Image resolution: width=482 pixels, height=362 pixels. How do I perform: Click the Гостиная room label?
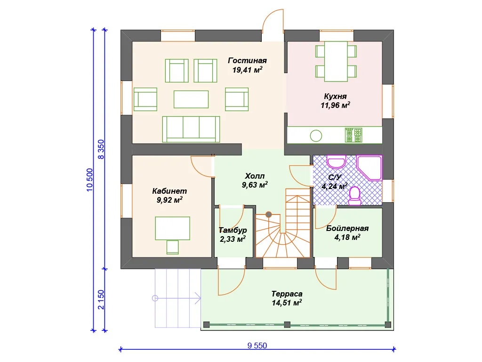click(247, 61)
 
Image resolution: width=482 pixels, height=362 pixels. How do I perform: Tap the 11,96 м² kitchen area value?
click(335, 105)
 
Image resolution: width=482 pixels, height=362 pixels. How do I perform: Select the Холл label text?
click(255, 176)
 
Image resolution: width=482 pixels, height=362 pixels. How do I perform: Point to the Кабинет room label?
click(169, 191)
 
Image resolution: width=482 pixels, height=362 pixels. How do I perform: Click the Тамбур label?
click(233, 230)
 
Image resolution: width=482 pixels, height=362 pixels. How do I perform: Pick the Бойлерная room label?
click(347, 229)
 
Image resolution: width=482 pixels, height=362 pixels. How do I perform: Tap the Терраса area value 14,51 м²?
click(287, 303)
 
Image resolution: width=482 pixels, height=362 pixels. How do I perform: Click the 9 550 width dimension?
click(257, 346)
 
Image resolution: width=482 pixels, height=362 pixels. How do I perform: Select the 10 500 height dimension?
click(89, 180)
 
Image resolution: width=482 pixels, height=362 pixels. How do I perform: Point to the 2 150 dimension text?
click(101, 299)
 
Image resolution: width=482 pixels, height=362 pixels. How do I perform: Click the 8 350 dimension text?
click(101, 149)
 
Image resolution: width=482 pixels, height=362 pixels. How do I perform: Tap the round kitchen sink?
click(316, 135)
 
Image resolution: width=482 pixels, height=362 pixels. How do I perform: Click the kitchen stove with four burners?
click(353, 135)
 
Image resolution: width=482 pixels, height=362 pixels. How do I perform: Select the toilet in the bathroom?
click(355, 196)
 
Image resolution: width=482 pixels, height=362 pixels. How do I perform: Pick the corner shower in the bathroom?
click(370, 168)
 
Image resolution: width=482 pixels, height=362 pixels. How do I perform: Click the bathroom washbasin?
click(336, 162)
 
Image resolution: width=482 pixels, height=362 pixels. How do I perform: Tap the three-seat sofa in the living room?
click(191, 129)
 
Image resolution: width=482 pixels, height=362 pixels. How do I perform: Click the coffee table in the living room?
click(191, 99)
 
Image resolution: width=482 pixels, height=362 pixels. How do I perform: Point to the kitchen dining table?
click(336, 61)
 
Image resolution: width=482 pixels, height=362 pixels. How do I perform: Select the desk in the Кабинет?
click(172, 228)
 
